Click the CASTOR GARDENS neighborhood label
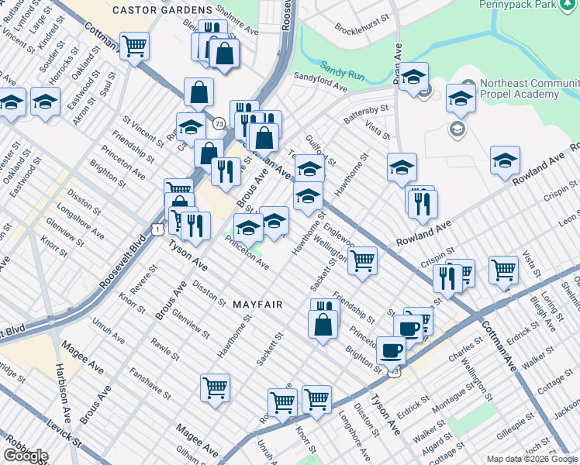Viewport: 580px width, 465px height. [162, 9]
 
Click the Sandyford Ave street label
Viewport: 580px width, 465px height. [320, 82]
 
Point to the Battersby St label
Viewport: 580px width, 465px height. [366, 114]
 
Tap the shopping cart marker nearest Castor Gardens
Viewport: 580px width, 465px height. [135, 46]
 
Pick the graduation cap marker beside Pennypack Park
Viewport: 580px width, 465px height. [414, 76]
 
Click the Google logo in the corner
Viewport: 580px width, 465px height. [26, 456]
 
